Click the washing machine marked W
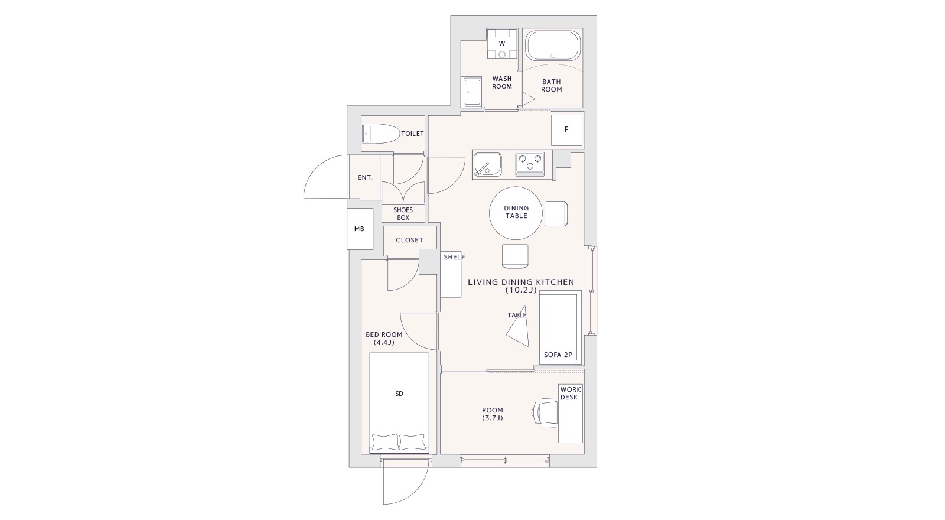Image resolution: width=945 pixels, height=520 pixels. pos(502,44)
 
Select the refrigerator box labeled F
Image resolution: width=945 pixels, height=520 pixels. pos(566,130)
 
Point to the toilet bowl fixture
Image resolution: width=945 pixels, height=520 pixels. pos(381,134)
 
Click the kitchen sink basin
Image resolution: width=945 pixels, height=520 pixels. pos(488,164)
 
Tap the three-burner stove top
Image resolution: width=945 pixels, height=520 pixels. pos(530,164)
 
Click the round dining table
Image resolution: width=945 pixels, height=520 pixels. pos(516,213)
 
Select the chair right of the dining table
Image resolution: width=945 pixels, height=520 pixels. pos(556,213)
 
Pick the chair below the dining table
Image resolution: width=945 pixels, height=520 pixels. pos(515,256)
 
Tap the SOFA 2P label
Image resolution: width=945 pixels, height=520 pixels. pos(558,355)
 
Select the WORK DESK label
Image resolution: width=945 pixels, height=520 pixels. pos(571,394)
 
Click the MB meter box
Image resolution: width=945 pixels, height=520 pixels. pos(360,229)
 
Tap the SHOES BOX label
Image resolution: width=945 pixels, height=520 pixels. pos(403,213)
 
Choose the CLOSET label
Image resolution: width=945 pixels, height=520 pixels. pos(409,240)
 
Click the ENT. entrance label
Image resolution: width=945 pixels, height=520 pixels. pos(365,178)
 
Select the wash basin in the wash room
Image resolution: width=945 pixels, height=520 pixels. pos(472,92)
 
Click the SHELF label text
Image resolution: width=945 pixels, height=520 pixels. pos(454,257)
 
